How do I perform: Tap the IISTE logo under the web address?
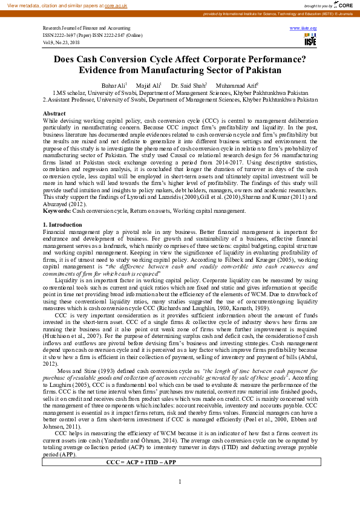(x=309, y=39)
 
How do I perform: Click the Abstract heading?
(x=54, y=113)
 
